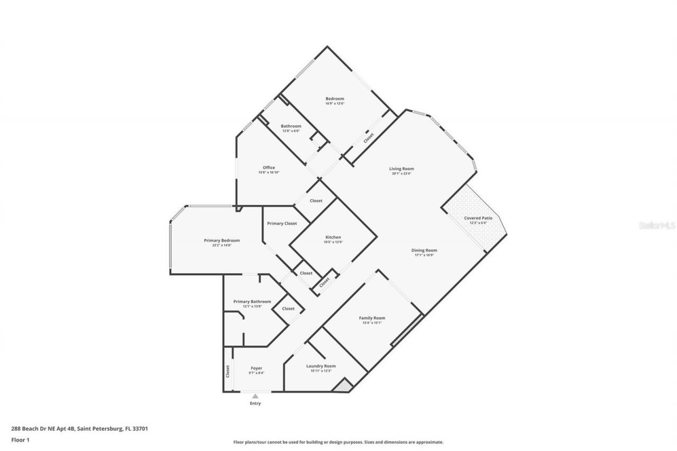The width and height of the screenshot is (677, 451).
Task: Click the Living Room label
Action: [x=401, y=169]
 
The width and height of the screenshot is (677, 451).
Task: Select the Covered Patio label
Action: [x=478, y=218]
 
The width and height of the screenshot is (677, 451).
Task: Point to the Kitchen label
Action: [x=333, y=237]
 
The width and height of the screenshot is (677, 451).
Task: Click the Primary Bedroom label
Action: [x=222, y=241]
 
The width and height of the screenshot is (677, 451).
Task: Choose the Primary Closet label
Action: [x=282, y=224]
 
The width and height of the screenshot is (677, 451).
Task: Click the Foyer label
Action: [x=256, y=368]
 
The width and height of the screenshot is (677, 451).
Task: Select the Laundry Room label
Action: [x=321, y=366]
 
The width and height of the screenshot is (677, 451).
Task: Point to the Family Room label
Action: [x=372, y=318]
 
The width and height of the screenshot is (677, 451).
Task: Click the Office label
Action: [x=269, y=168]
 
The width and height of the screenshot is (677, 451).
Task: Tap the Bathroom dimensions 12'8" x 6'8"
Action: [x=291, y=131]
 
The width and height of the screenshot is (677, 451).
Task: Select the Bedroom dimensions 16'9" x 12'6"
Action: [x=334, y=104]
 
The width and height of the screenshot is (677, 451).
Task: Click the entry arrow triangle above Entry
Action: [x=255, y=395]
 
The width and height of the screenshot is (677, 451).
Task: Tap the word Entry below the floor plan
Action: [x=255, y=403]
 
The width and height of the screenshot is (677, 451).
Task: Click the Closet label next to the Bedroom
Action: [x=369, y=138]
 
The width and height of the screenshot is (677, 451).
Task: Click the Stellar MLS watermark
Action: [x=657, y=225]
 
